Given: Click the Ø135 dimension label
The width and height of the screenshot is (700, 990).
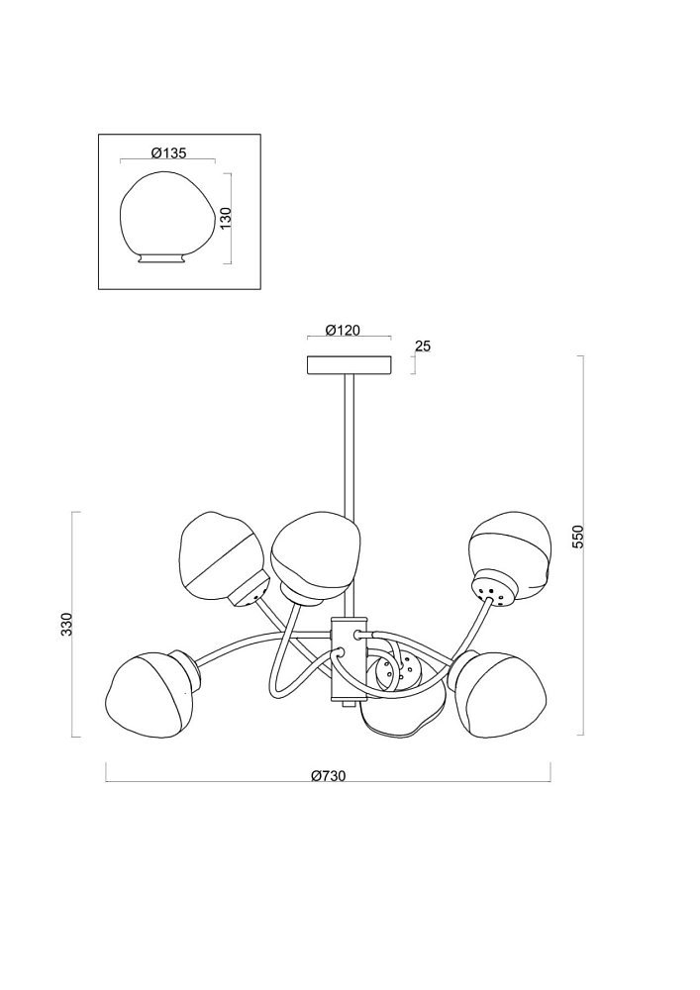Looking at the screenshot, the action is (x=168, y=152).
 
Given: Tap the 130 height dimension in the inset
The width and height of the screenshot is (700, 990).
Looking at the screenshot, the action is (x=228, y=217).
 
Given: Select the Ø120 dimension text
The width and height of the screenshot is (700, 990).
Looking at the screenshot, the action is (x=343, y=330).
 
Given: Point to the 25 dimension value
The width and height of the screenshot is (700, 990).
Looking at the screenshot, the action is (x=423, y=346).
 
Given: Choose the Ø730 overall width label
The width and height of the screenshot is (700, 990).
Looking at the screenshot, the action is (x=329, y=776).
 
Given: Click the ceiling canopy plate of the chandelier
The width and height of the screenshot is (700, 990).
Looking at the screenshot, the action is (x=350, y=365).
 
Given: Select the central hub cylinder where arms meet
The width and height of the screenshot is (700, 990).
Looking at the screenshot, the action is (x=348, y=659).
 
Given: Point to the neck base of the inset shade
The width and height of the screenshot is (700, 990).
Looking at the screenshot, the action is (x=162, y=257).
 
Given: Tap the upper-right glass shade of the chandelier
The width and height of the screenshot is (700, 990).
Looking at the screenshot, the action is (x=511, y=550).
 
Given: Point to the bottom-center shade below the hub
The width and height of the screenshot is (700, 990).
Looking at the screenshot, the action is (x=404, y=708).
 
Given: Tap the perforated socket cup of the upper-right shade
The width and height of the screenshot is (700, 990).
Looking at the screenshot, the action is (x=496, y=587).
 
